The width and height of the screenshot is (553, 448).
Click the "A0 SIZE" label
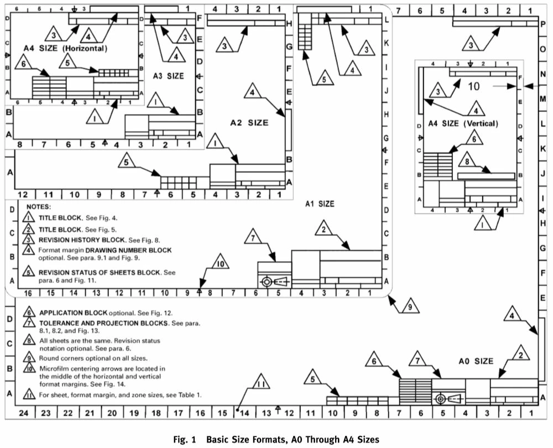476,361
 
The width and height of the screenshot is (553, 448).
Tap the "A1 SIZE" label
320,204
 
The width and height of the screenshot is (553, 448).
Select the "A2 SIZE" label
249,122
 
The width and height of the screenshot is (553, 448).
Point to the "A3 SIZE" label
169,75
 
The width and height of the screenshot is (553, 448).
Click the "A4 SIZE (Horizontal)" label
65,49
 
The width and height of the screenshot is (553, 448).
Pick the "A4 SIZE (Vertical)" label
463,123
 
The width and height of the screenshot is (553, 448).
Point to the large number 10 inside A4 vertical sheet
474,86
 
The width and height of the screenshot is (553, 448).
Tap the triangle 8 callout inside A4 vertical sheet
467,161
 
